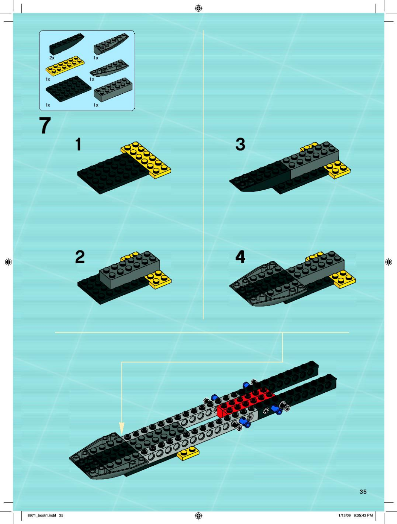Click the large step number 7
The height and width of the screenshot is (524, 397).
point(45,125)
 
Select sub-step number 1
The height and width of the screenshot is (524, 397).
point(79,144)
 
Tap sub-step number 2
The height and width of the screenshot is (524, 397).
point(80,257)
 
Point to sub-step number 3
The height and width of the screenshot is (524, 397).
point(240,144)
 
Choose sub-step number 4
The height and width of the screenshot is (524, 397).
point(240,257)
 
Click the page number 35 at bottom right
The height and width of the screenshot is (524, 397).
point(363,492)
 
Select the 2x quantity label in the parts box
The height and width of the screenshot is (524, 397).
point(52,58)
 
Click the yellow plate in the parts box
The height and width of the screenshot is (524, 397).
point(65,65)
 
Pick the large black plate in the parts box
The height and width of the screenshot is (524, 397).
point(68,89)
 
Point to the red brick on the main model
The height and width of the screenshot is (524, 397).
point(246,402)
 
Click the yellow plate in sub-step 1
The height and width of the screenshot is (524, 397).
point(146,160)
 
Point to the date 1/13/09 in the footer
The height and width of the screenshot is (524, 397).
point(345,515)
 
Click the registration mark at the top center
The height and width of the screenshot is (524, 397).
point(198,9)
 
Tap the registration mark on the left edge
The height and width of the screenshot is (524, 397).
point(9,262)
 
